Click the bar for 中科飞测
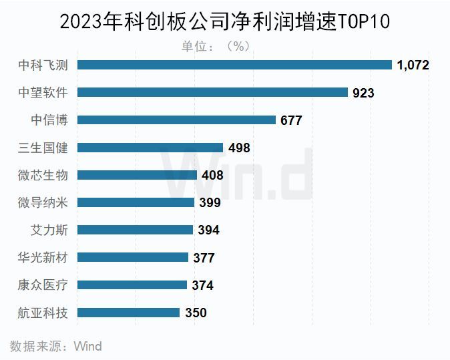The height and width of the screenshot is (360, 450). click(234, 65)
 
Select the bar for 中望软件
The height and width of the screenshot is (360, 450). click(213, 92)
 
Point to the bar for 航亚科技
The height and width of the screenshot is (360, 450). click(129, 312)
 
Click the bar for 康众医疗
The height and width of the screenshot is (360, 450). click(132, 285)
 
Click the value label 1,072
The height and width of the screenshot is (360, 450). click(412, 65)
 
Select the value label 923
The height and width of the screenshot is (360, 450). click(363, 93)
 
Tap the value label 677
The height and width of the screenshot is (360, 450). click(291, 120)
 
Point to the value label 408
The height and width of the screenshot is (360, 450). click(212, 176)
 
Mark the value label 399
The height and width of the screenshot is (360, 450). click(209, 202)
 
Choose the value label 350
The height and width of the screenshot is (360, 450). click(196, 313)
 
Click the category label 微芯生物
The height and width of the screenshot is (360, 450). click(47, 175)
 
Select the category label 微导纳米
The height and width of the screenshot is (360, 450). click(47, 202)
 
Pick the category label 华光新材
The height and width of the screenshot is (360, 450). click(47, 257)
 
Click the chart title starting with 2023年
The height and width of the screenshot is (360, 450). click(225, 21)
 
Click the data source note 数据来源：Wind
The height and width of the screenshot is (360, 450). click(56, 346)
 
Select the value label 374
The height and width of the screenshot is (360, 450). click(202, 285)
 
